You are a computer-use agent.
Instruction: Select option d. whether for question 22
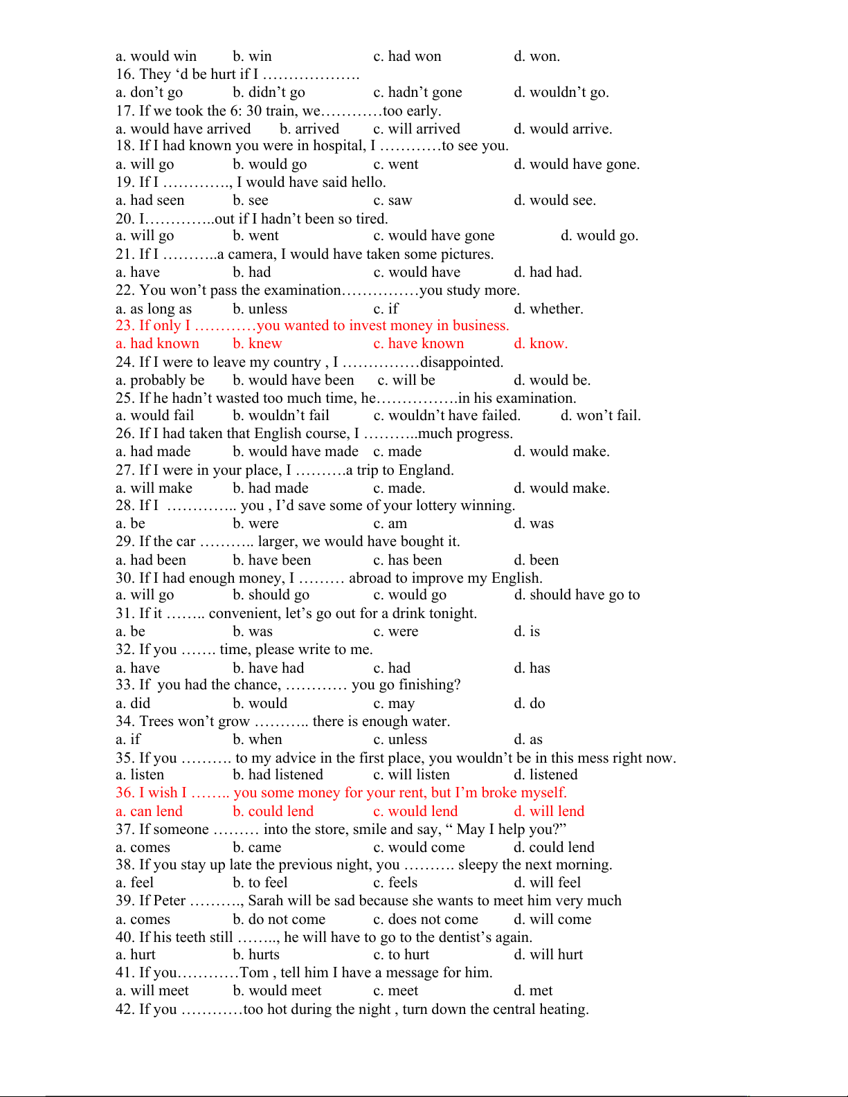pyautogui.click(x=548, y=309)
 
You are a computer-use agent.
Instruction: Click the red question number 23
pyautogui.click(x=125, y=326)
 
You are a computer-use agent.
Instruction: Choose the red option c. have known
pyautogui.click(x=419, y=344)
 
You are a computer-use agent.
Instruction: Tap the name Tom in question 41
pyautogui.click(x=254, y=972)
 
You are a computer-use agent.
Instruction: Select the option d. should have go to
pyautogui.click(x=577, y=595)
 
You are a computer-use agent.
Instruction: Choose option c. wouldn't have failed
pyautogui.click(x=446, y=415)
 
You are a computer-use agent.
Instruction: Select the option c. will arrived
pyautogui.click(x=417, y=129)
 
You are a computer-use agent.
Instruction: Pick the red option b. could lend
pyautogui.click(x=273, y=811)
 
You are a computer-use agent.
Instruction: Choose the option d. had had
pyautogui.click(x=548, y=272)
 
